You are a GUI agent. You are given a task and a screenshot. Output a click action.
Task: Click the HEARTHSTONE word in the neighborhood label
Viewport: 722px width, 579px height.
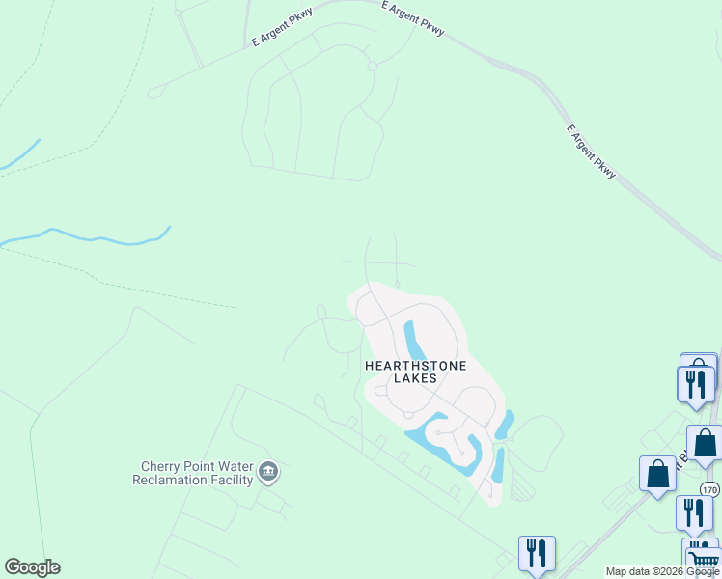[415, 366]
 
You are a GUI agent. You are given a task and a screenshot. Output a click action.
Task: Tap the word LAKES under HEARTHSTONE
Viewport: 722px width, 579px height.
[415, 379]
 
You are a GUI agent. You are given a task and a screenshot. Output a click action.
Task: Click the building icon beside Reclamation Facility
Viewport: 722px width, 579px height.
[268, 472]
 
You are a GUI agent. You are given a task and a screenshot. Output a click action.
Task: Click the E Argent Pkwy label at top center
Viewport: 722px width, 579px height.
[413, 18]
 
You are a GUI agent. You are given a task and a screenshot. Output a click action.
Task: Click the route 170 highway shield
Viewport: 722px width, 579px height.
[709, 490]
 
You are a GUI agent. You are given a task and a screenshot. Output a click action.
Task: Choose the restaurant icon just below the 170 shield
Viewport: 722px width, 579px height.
[694, 512]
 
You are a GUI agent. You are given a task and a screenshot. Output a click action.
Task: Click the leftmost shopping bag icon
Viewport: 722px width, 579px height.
[658, 474]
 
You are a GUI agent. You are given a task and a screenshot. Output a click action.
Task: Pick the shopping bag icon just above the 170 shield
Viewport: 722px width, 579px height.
[705, 444]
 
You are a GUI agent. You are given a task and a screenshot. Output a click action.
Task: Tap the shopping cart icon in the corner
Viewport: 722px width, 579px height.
[704, 560]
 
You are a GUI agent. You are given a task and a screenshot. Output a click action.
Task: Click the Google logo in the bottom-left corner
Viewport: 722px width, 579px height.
[32, 567]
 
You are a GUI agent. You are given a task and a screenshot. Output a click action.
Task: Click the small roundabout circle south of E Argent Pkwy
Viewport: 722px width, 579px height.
[372, 66]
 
